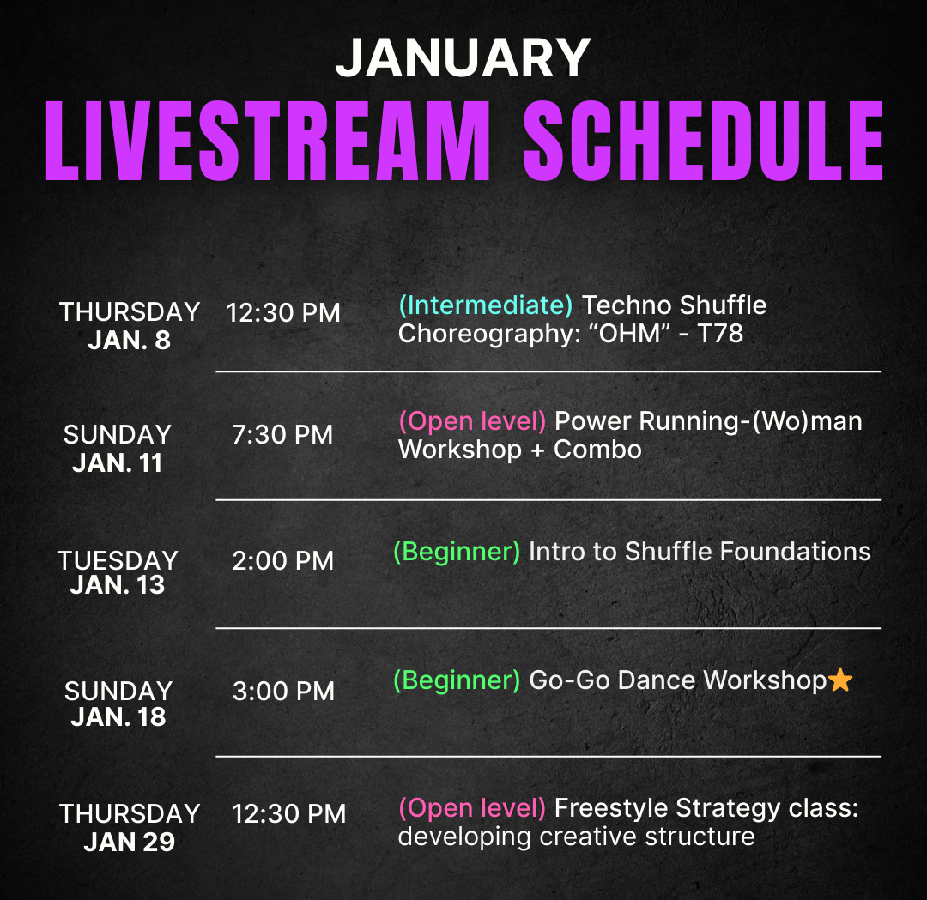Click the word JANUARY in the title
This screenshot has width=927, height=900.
coord(463,57)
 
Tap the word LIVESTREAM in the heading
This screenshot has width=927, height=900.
coord(268,141)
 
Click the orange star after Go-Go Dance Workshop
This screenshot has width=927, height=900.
coord(840,680)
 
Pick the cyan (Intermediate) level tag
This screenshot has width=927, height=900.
coord(485,305)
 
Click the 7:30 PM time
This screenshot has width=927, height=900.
coord(282,434)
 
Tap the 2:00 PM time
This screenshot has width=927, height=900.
coord(283,560)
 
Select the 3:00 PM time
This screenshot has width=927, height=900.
coord(284,691)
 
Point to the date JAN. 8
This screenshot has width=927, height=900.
coord(130,341)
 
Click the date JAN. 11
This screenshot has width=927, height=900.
coord(118,462)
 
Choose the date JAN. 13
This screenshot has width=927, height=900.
coord(118,585)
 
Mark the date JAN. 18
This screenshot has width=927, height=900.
coord(118,716)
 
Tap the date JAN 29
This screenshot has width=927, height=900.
coord(130,843)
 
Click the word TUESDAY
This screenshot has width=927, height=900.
coord(118,560)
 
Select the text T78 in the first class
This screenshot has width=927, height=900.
coord(720,334)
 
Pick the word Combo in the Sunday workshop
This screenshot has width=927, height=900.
coord(597,450)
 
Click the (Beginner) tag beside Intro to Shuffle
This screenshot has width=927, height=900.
coord(457,552)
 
